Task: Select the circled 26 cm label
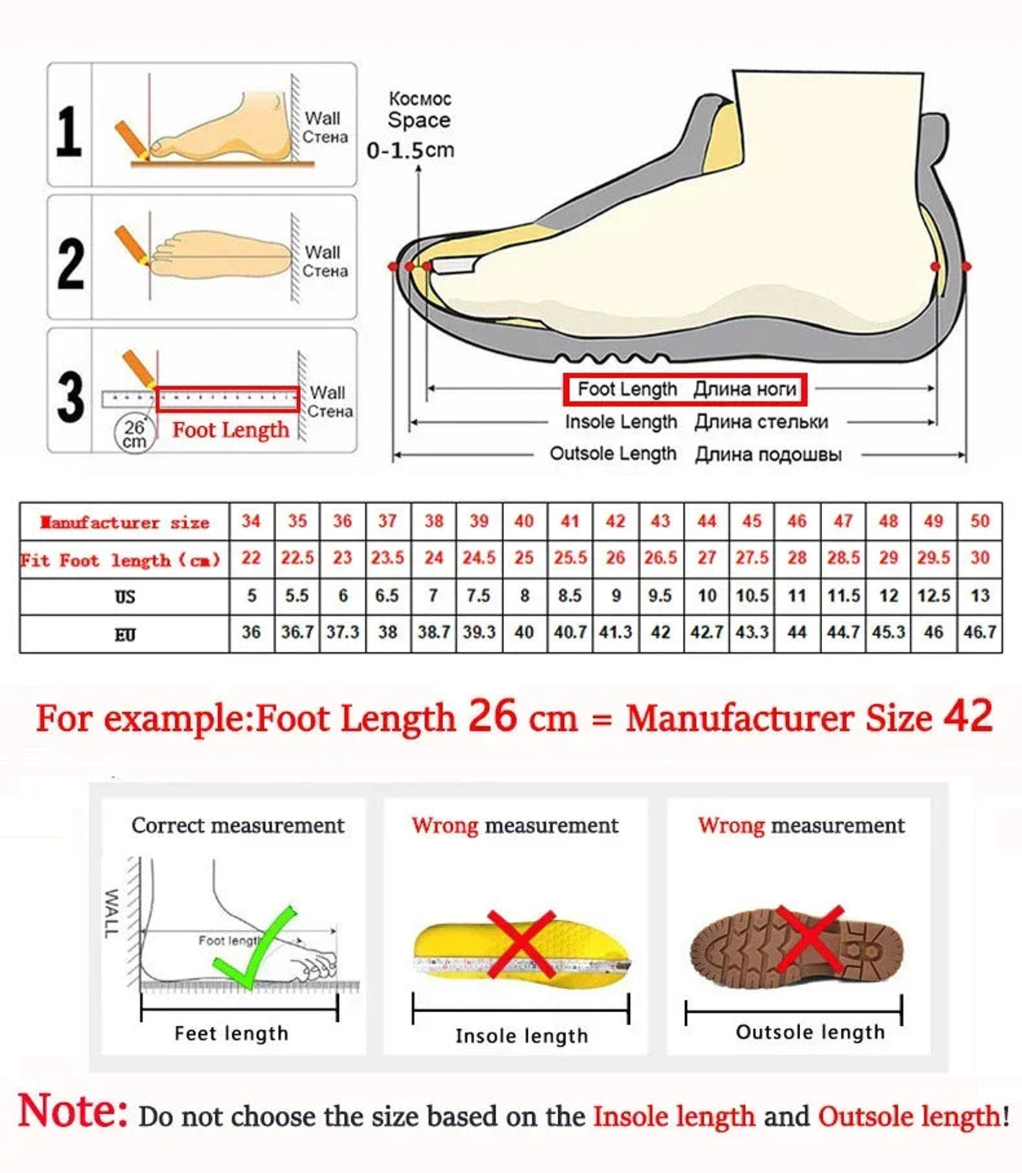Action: (134, 434)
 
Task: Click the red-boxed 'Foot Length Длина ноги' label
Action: (686, 389)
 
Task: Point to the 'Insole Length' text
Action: (620, 422)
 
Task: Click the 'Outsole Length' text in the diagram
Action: (612, 454)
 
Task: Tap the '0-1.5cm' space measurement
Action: (410, 150)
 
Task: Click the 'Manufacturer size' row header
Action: (125, 523)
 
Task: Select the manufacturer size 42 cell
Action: (615, 522)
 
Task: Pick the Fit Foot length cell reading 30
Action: (979, 558)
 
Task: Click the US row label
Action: (125, 597)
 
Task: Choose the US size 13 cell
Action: (979, 596)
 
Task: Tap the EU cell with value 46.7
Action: (979, 632)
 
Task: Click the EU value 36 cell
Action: (251, 632)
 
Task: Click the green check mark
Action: (254, 947)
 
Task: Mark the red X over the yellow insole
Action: (522, 943)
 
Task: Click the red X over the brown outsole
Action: (809, 939)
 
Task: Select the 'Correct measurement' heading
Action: (238, 825)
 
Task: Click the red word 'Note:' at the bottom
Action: (72, 1111)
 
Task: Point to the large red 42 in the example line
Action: (967, 717)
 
